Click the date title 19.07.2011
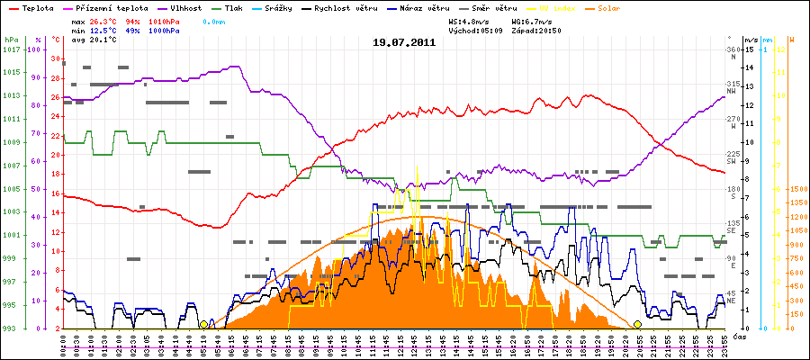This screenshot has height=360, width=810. [404, 41]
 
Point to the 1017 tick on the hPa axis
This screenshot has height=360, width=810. [11, 49]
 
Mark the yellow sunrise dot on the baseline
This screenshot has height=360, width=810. [204, 324]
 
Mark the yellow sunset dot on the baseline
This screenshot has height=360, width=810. [637, 324]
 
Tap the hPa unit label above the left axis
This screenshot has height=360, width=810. [11, 40]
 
